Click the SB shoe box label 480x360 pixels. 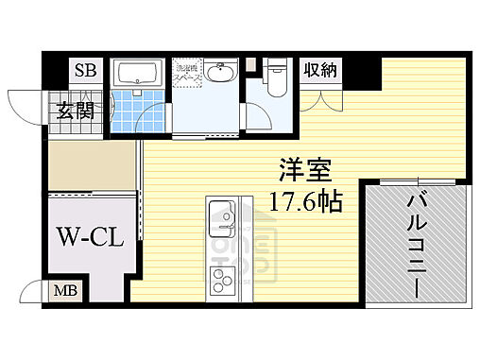click(x=85, y=70)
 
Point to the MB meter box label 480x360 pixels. click(x=59, y=291)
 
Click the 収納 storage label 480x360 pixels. click(x=318, y=71)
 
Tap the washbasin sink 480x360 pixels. click(x=221, y=74)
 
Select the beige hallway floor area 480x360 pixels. click(x=92, y=163)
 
